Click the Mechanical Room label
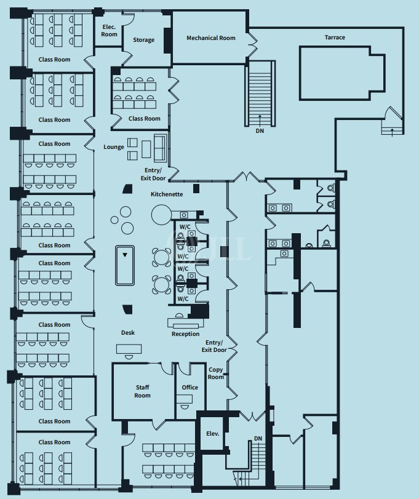click(211, 38)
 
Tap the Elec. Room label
click(109, 31)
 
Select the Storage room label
click(144, 41)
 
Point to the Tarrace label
click(335, 38)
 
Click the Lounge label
click(114, 147)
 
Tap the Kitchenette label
click(167, 194)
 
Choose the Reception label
click(185, 334)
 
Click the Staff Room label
click(142, 391)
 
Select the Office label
click(190, 388)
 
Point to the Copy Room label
click(216, 373)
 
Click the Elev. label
click(212, 434)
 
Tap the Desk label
click(127, 333)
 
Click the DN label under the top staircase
click(260, 131)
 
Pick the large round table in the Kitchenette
click(161, 214)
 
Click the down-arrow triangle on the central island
click(125, 254)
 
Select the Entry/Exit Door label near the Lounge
click(155, 174)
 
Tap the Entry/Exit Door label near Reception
click(215, 346)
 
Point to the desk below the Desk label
click(129, 349)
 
